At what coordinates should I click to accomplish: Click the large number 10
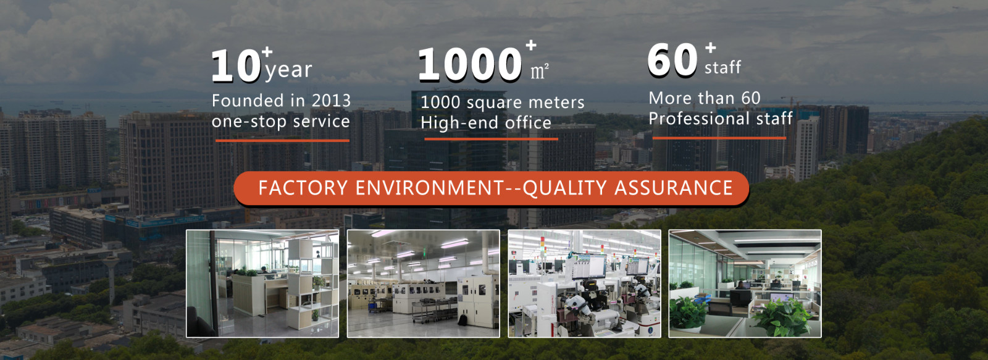pyautogui.click(x=237, y=65)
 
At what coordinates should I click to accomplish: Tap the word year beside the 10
pyautogui.click(x=289, y=70)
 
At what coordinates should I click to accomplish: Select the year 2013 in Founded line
pyautogui.click(x=331, y=101)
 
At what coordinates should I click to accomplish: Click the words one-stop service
pyautogui.click(x=280, y=121)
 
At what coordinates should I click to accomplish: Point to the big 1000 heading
pyautogui.click(x=470, y=64)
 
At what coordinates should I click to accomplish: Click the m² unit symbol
pyautogui.click(x=540, y=72)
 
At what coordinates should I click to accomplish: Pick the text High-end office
pyautogui.click(x=486, y=123)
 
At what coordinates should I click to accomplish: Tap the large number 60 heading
pyautogui.click(x=672, y=60)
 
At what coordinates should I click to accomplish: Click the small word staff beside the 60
pyautogui.click(x=722, y=68)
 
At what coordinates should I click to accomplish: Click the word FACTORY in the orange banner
pyautogui.click(x=303, y=188)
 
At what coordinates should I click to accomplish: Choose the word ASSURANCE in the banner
pyautogui.click(x=674, y=188)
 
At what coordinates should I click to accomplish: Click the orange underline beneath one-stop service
pyautogui.click(x=282, y=141)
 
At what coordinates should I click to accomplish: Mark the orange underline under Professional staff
pyautogui.click(x=719, y=138)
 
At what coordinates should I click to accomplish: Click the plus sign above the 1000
pyautogui.click(x=531, y=45)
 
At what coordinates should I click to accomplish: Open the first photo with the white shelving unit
pyautogui.click(x=262, y=283)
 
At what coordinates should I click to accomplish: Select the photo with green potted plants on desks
pyautogui.click(x=745, y=283)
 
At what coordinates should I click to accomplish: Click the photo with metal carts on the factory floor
pyautogui.click(x=424, y=283)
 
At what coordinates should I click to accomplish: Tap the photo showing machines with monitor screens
pyautogui.click(x=584, y=283)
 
